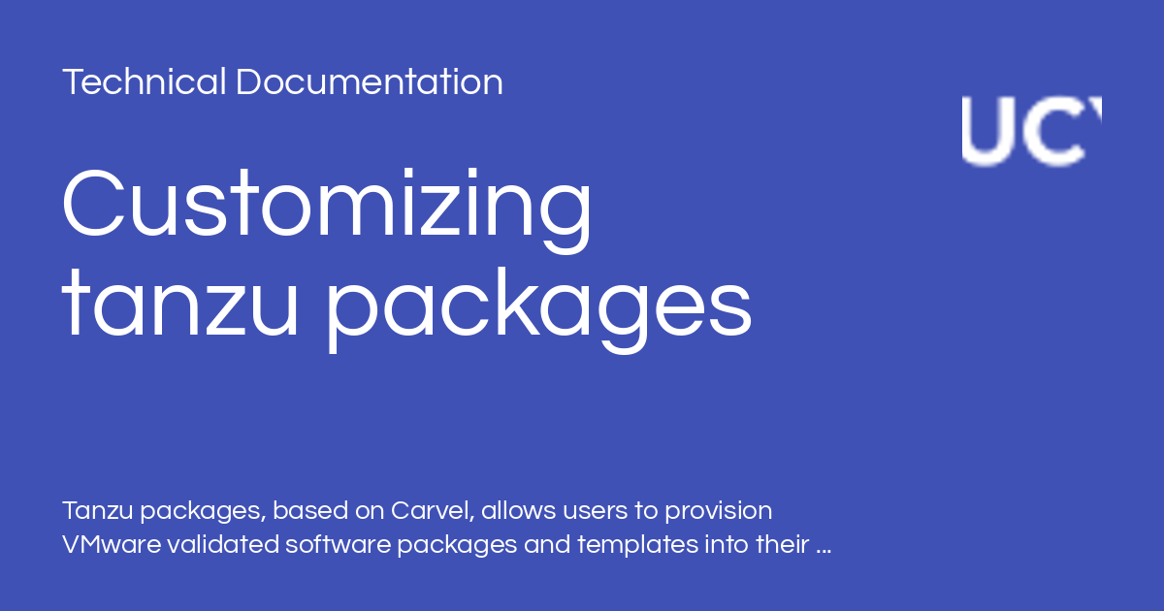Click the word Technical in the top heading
tap(145, 82)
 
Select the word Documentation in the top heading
tap(369, 82)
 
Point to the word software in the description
tap(335, 544)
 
